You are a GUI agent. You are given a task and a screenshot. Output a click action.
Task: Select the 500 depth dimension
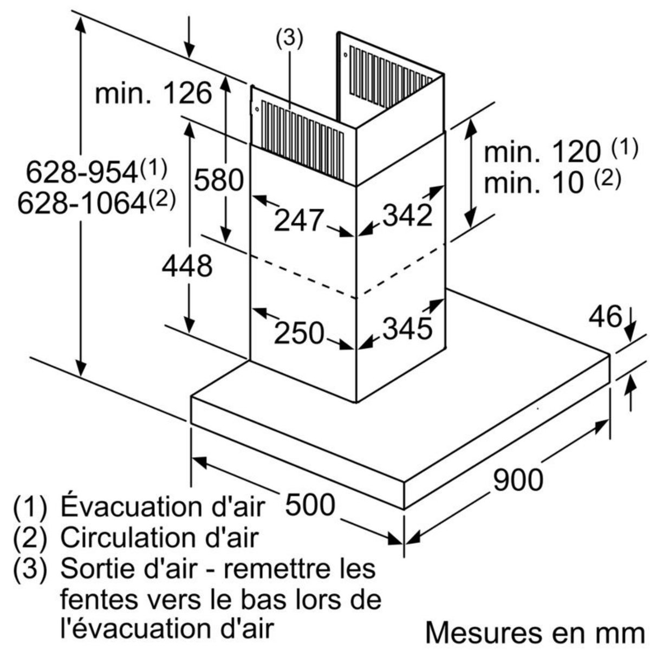310,504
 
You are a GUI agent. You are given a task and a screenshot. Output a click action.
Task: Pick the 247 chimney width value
298,220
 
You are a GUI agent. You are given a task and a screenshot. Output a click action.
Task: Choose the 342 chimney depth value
407,216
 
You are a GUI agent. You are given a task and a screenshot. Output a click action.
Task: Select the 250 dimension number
298,332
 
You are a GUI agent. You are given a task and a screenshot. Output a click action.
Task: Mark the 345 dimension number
407,327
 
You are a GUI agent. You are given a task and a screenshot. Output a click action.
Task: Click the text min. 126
153,94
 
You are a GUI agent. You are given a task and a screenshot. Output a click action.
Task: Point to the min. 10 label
534,183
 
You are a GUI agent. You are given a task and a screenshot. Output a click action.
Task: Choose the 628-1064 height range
82,204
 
